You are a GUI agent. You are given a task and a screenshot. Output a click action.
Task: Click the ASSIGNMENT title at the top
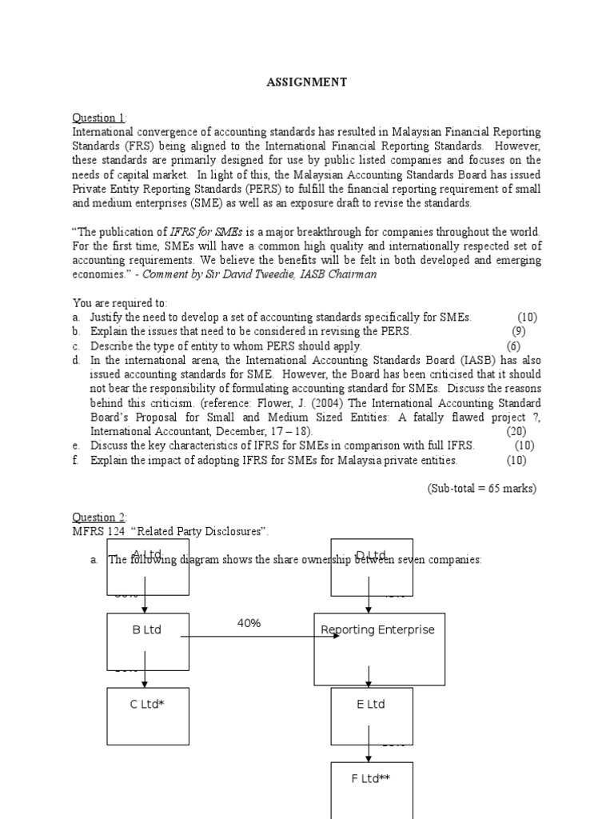coord(307,82)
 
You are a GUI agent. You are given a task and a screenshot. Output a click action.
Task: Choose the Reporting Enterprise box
coord(379,649)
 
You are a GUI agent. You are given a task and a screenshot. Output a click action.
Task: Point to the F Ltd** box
coord(371,787)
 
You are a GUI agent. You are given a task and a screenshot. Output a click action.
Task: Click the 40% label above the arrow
coord(249,623)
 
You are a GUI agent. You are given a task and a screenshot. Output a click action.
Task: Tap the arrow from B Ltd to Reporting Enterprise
coord(256,637)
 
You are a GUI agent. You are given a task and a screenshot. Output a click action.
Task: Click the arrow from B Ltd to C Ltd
coord(145,674)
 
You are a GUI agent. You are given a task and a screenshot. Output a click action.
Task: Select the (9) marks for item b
coord(519,331)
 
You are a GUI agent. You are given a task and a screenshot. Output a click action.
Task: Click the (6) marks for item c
coord(512,346)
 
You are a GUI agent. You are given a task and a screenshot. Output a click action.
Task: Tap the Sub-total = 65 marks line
coord(481,489)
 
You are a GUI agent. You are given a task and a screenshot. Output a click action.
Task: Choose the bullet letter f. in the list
coord(76,460)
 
